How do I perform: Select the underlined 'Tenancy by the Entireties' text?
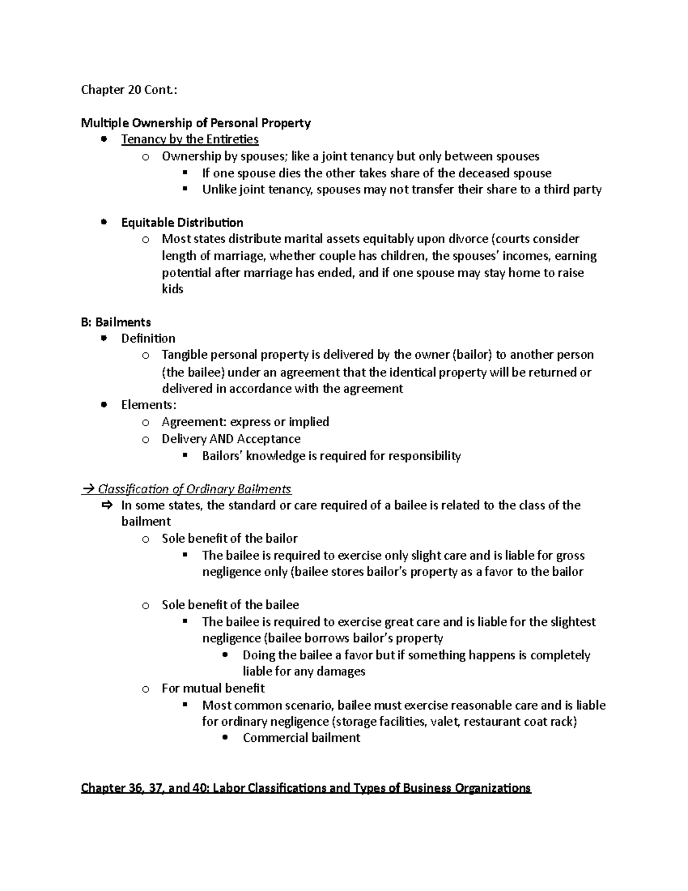pos(190,139)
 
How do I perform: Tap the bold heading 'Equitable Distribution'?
pos(182,223)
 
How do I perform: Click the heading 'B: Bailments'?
pos(116,322)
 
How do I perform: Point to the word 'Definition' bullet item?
pos(148,338)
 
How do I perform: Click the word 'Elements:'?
pos(148,405)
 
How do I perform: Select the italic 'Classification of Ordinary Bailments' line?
pos(194,489)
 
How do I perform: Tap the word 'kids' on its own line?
pos(172,289)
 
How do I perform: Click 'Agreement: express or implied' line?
pos(245,422)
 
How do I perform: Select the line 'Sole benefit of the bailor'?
pos(229,539)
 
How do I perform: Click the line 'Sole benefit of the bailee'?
pos(230,605)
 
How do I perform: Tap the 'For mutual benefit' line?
pos(213,688)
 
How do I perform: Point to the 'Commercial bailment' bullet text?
pos(301,738)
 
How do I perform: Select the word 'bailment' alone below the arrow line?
pos(146,522)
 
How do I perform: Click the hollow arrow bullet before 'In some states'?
pos(106,505)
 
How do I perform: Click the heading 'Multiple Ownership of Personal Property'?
pos(196,123)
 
